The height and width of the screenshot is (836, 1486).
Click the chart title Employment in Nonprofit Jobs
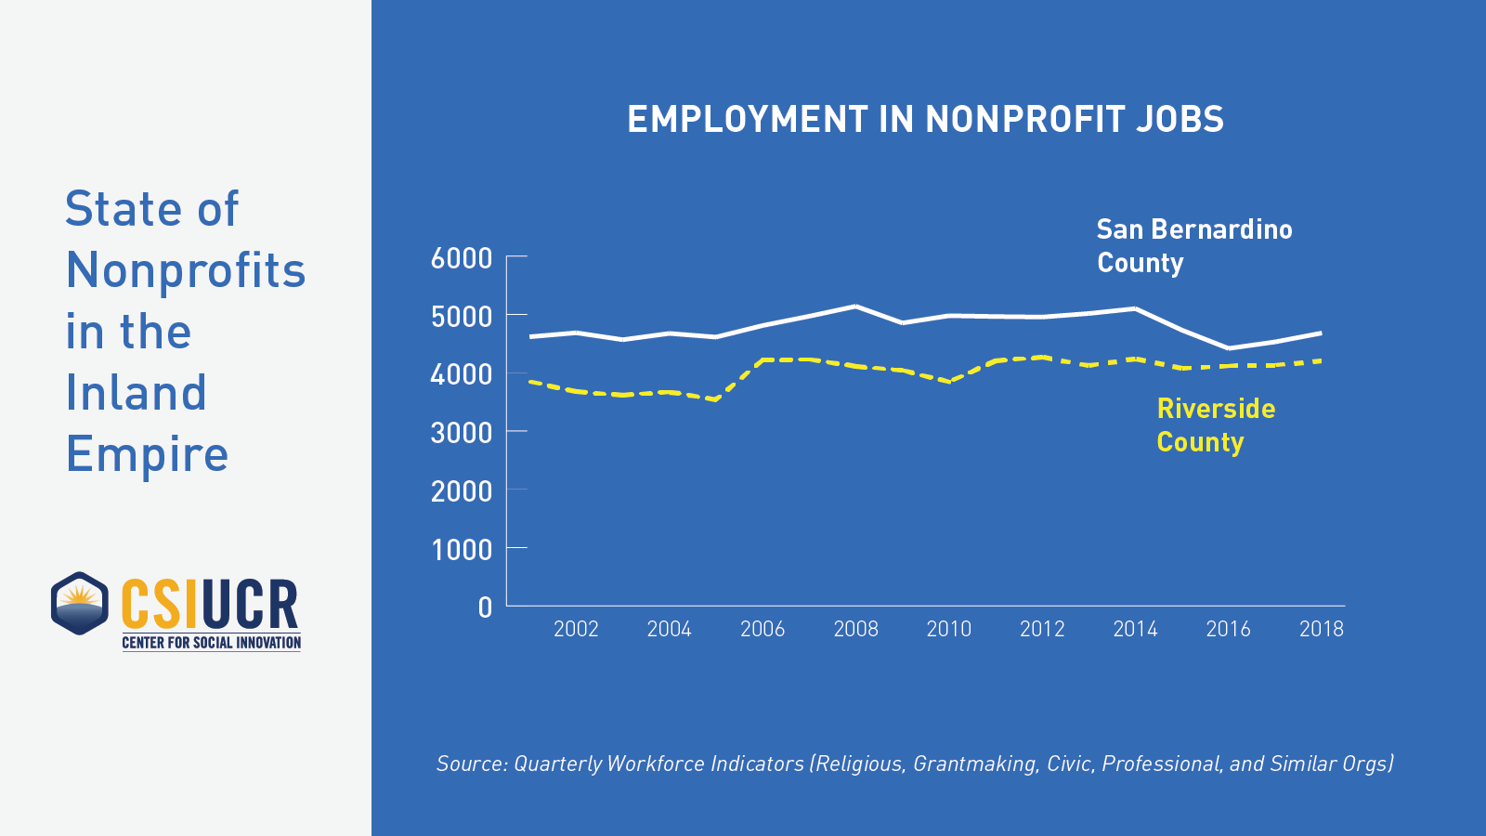click(x=925, y=120)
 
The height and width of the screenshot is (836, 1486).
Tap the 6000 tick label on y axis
click(x=461, y=258)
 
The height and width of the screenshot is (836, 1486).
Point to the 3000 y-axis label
click(x=461, y=433)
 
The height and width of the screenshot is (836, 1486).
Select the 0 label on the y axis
click(x=485, y=607)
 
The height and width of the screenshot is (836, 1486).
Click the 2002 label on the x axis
click(x=576, y=630)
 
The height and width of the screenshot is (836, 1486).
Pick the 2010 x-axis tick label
click(x=948, y=630)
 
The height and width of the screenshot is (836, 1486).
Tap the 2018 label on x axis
click(x=1321, y=630)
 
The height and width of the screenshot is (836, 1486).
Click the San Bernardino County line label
click(x=1193, y=246)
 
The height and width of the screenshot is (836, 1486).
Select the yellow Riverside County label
click(x=1215, y=425)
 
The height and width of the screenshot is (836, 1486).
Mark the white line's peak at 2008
click(x=855, y=306)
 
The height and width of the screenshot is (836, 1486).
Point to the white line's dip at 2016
click(x=1228, y=348)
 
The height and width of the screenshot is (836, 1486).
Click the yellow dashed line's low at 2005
click(x=715, y=399)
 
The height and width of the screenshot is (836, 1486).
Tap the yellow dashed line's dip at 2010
click(x=949, y=381)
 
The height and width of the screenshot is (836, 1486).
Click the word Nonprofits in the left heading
click(x=186, y=270)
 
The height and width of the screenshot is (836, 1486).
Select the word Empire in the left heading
click(x=147, y=454)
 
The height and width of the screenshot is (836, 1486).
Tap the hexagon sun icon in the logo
click(x=80, y=604)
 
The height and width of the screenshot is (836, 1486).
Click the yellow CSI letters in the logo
click(x=160, y=605)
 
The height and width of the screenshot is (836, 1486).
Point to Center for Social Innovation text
click(x=212, y=643)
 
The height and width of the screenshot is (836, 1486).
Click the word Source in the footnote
click(x=471, y=764)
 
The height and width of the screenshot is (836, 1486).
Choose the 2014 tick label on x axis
click(x=1135, y=630)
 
